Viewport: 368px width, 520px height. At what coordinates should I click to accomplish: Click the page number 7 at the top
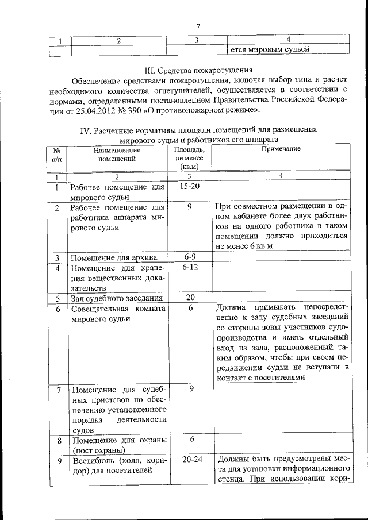pyautogui.click(x=197, y=26)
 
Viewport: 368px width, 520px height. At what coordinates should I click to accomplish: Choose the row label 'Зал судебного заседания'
pyautogui.click(x=116, y=298)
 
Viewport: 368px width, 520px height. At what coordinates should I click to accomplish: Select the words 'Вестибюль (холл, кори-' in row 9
pyautogui.click(x=117, y=460)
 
